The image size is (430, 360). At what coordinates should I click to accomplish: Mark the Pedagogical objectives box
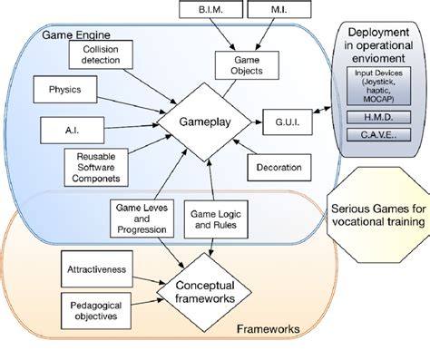point(95,306)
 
